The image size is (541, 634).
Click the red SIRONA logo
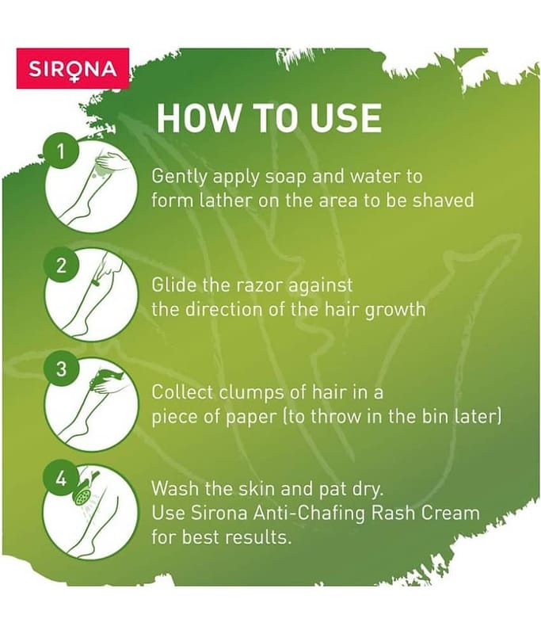[x=73, y=68]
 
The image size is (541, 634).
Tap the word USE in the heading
[x=345, y=117]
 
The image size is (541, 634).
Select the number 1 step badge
[x=61, y=152]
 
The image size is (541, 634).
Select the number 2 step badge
[x=61, y=265]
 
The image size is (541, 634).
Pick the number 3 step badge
[x=61, y=369]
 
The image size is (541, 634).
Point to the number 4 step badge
[x=61, y=479]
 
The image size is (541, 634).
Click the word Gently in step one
[x=179, y=177]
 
